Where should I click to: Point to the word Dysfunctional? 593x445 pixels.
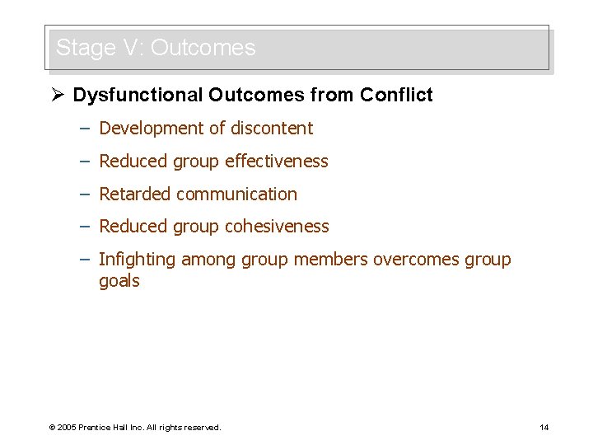point(138,96)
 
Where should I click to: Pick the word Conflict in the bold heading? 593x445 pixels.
point(396,96)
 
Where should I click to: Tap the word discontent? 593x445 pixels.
point(272,129)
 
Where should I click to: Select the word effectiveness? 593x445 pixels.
point(277,162)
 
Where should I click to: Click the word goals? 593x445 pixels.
point(119,281)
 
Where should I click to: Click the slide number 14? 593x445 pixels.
point(544,427)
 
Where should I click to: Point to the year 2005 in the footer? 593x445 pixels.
point(67,428)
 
